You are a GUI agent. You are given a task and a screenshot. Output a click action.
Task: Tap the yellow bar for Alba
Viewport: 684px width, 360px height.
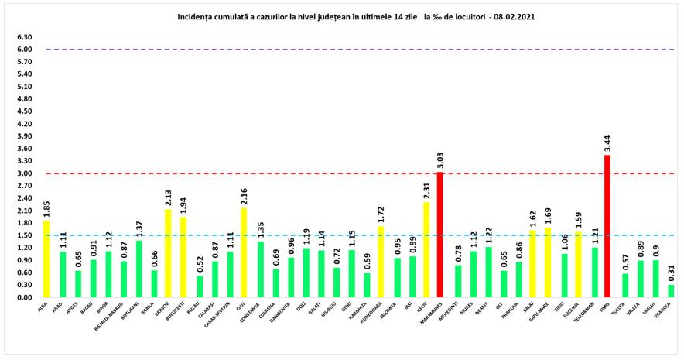pos(46,259)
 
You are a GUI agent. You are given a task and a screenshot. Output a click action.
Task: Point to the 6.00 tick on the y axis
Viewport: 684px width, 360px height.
pos(23,50)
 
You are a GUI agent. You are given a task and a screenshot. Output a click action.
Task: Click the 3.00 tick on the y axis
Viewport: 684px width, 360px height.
pos(23,173)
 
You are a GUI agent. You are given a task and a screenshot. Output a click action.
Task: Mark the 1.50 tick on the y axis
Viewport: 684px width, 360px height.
pos(23,235)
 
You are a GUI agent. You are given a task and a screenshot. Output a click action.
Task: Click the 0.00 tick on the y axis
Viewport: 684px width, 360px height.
pos(23,297)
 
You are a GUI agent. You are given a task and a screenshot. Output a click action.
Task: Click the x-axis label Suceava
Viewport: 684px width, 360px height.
pos(573,314)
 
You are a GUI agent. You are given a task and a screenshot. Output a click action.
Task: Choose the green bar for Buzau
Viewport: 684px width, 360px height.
pos(199,286)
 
